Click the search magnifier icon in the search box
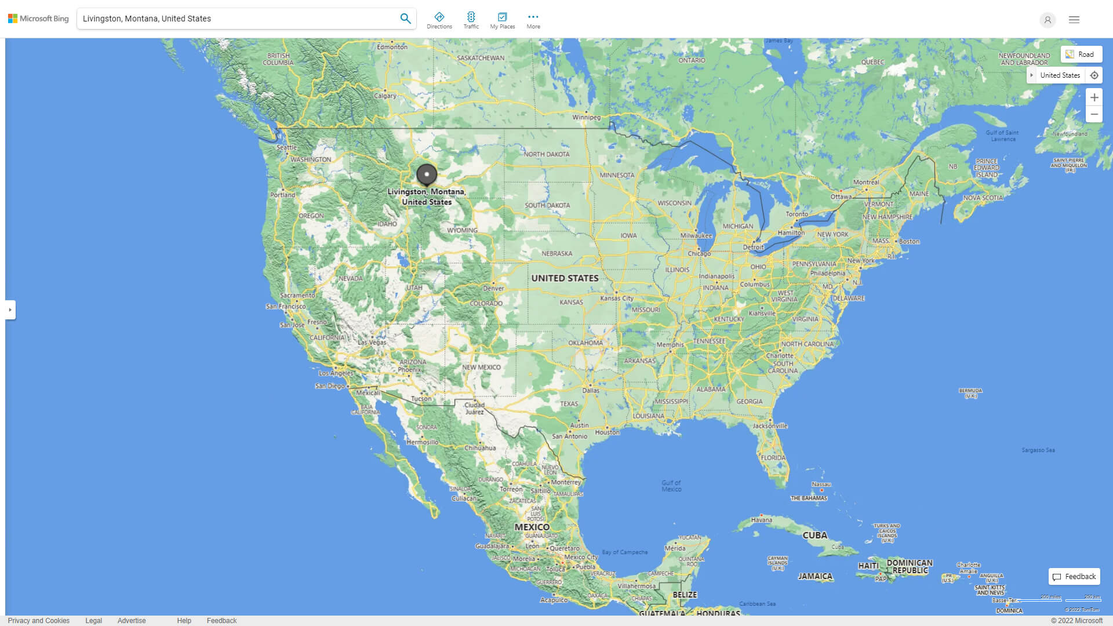coord(405,19)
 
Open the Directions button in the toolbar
coord(439,20)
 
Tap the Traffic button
coord(471,20)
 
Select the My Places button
coord(502,20)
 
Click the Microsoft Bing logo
coord(38,19)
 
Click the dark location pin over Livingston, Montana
coord(427,174)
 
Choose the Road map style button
coord(1081,54)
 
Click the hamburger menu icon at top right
coord(1074,20)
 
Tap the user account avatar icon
coord(1047,20)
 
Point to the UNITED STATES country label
coord(565,278)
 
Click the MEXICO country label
coord(532,527)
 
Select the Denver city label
coord(493,288)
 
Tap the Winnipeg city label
coord(587,117)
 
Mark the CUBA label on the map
coord(814,536)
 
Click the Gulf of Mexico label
coord(671,486)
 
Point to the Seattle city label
coord(286,147)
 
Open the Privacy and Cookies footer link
coord(39,621)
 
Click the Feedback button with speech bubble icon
coord(1074,577)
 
